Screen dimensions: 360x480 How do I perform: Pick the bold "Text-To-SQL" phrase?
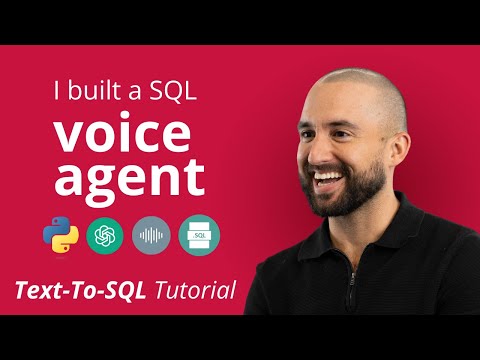click(82, 292)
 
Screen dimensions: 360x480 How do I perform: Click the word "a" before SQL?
click(133, 93)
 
